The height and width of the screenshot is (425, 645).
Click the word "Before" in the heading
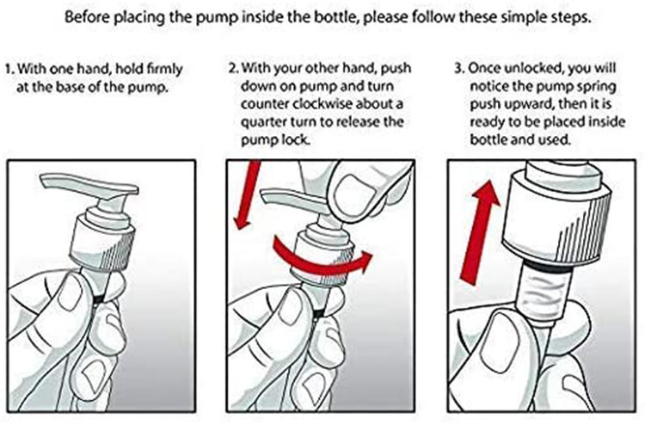point(85,17)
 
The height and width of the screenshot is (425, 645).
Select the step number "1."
point(9,68)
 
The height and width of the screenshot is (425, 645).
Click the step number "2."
point(234,67)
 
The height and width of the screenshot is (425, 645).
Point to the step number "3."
point(459,67)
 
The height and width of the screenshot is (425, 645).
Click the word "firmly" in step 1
point(164,69)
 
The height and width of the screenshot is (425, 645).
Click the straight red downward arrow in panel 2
point(247,194)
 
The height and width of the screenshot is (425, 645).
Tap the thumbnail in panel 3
point(503,342)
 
